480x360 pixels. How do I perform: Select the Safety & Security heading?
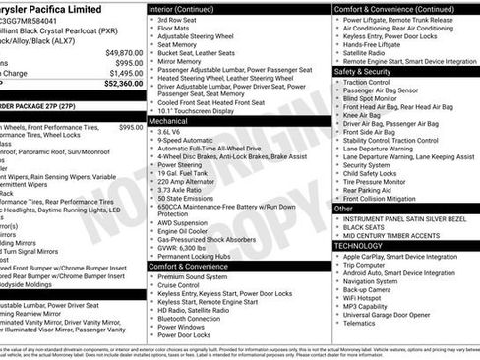click(x=363, y=72)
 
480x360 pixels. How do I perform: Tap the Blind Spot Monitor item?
click(x=370, y=98)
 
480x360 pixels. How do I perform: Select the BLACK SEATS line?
click(x=363, y=226)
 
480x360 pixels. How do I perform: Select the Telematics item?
click(x=362, y=322)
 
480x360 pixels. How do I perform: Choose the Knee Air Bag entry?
click(x=361, y=116)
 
